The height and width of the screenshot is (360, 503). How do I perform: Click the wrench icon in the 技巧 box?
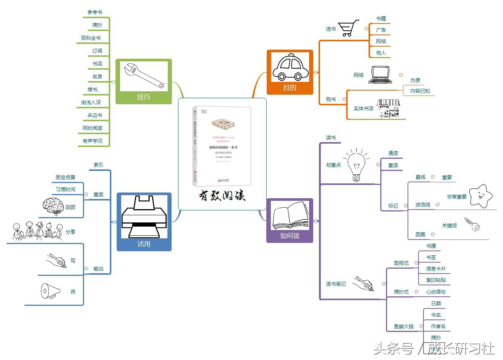click(144, 76)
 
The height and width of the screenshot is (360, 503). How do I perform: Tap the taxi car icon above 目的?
click(290, 68)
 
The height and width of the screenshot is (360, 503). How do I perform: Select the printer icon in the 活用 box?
click(144, 216)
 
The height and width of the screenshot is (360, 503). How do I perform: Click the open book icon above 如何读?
click(290, 216)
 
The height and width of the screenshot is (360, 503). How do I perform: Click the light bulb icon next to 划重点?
click(356, 165)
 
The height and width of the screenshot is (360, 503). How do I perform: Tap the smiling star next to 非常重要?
click(480, 196)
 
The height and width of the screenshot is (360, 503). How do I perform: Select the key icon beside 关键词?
click(472, 225)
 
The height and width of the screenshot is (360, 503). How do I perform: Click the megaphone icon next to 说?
click(50, 291)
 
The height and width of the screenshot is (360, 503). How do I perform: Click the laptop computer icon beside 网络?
click(380, 75)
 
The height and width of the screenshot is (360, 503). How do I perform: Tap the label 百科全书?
click(91, 38)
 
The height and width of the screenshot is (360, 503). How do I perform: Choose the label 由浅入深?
click(91, 102)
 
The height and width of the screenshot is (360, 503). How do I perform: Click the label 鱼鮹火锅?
click(403, 326)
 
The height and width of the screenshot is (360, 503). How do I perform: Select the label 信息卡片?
click(436, 269)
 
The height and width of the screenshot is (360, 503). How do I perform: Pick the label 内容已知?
click(420, 91)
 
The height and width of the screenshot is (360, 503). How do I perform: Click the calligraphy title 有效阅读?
click(222, 196)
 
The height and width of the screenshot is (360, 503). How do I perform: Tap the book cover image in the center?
click(222, 146)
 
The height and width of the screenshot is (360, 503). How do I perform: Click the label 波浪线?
click(423, 205)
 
